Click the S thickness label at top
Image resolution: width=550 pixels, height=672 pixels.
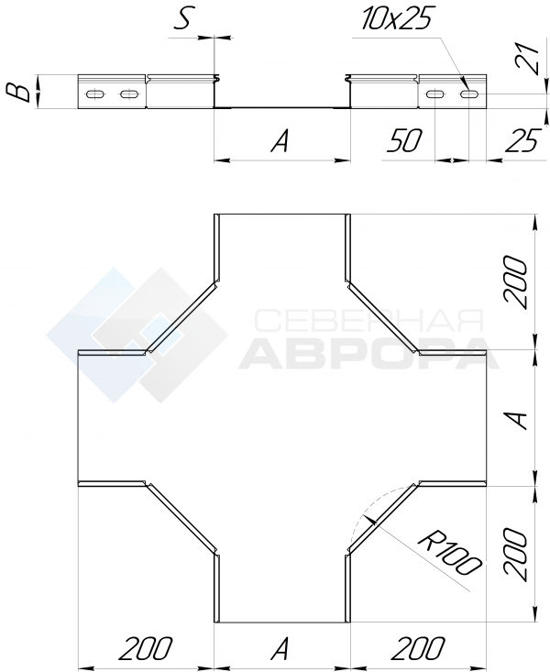click(x=183, y=18)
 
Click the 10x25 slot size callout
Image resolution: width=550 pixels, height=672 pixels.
click(x=395, y=17)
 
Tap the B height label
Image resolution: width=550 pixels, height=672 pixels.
click(x=19, y=92)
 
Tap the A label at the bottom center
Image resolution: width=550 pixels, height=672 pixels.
click(x=280, y=648)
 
